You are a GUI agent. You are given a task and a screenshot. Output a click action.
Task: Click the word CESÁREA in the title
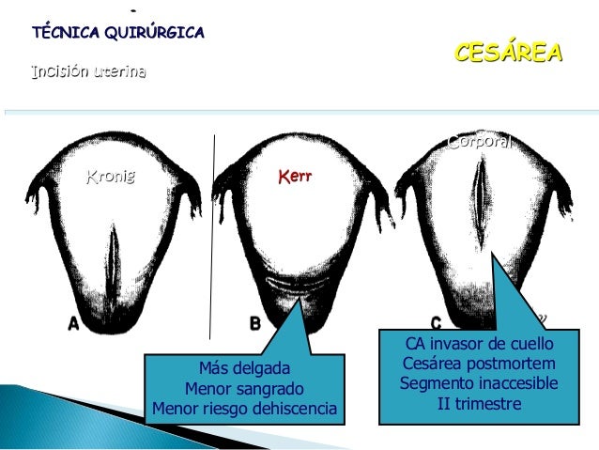pyautogui.click(x=508, y=52)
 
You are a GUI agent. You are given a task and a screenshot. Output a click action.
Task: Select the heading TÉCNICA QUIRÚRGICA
pyautogui.click(x=118, y=33)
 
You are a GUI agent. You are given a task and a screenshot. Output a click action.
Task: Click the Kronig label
pyautogui.click(x=111, y=176)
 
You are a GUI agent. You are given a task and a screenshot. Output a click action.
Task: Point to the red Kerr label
pyautogui.click(x=295, y=176)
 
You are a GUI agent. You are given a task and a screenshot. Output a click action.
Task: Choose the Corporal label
pyautogui.click(x=479, y=143)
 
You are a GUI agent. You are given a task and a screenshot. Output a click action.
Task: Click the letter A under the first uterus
pyautogui.click(x=73, y=324)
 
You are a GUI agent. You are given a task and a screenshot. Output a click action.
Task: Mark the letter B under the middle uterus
pyautogui.click(x=254, y=324)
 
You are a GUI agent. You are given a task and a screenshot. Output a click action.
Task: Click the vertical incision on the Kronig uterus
pyautogui.click(x=113, y=264)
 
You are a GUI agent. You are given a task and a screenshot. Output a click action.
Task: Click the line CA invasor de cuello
pyautogui.click(x=478, y=344)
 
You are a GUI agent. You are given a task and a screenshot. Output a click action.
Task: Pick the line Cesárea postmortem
pyautogui.click(x=478, y=364)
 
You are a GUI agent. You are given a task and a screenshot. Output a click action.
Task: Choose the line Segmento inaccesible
pyautogui.click(x=478, y=384)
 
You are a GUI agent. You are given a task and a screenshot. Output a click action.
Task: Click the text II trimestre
pyautogui.click(x=478, y=404)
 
